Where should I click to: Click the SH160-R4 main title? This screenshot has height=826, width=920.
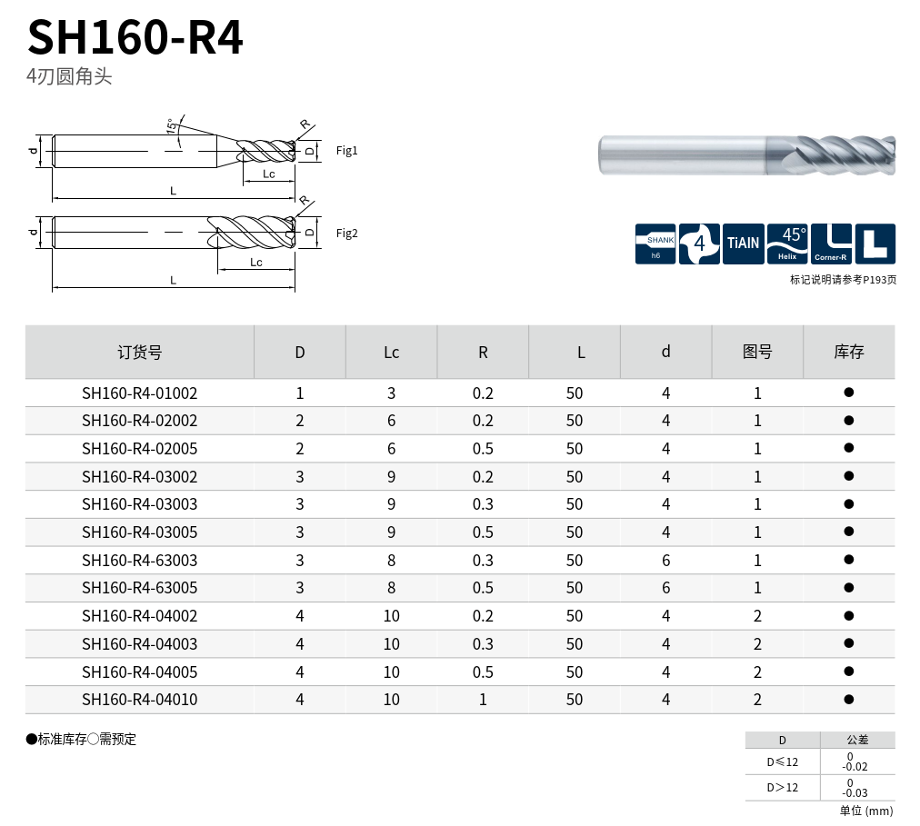click(x=135, y=37)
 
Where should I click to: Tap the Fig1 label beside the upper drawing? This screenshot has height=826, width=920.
click(x=346, y=151)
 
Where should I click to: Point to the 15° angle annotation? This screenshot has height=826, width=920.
click(x=171, y=125)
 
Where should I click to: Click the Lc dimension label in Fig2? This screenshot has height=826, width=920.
click(x=256, y=263)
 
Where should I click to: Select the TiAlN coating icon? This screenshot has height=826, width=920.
click(x=744, y=244)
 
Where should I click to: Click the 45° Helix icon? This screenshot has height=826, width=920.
click(x=787, y=244)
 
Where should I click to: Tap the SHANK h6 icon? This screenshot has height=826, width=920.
click(x=655, y=244)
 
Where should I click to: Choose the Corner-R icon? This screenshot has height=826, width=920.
click(x=831, y=244)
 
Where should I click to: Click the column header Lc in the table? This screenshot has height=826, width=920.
click(x=391, y=353)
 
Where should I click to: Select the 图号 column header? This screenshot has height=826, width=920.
click(x=757, y=352)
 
